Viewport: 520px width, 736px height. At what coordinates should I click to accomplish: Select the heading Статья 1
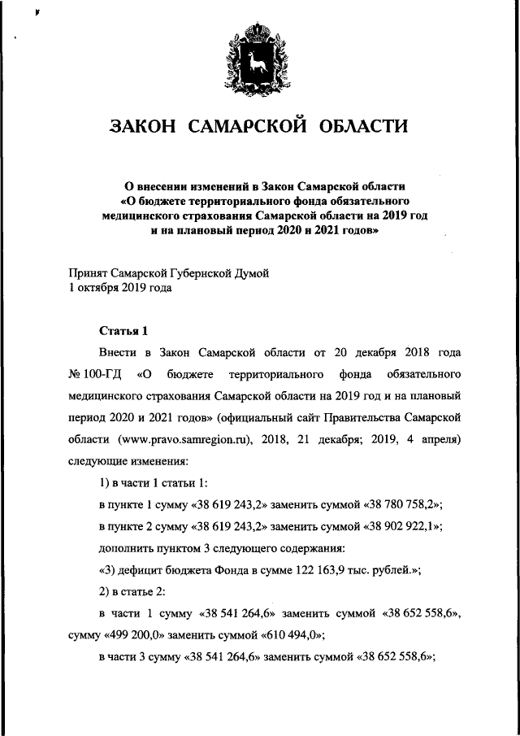coord(123,331)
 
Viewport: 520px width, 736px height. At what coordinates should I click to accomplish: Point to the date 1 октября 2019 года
coord(120,287)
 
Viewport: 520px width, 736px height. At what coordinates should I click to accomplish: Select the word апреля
coord(441,439)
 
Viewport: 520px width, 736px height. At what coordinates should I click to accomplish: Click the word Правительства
coord(367,418)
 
